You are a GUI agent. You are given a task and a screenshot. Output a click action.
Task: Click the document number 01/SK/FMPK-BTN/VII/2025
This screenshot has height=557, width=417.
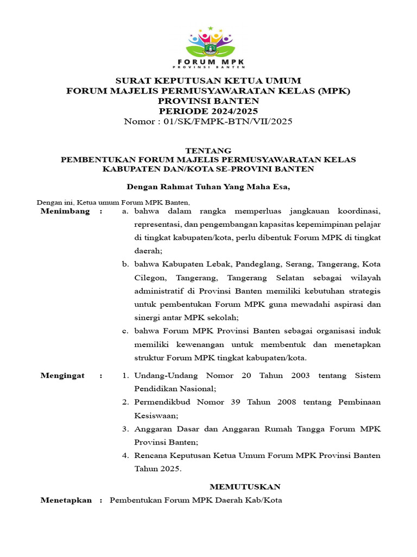(228, 121)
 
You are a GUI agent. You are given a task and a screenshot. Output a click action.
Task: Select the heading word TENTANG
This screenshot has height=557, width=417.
(208, 150)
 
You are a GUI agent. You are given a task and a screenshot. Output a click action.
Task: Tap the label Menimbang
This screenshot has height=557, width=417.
(65, 211)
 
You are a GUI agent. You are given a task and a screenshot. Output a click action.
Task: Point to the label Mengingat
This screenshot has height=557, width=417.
(63, 376)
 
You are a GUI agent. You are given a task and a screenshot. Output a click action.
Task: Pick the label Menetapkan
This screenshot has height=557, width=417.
(66, 500)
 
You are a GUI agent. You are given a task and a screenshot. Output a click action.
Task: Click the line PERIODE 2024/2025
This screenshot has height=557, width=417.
(208, 111)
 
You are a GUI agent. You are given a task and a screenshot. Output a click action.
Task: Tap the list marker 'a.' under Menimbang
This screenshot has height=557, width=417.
(125, 211)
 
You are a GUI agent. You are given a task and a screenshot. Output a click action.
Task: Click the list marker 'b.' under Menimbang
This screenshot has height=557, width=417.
(125, 264)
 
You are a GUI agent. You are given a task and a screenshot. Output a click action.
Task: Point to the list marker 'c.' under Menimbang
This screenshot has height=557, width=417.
(125, 331)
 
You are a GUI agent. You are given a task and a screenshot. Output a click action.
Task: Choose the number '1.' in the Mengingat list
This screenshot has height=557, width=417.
(125, 376)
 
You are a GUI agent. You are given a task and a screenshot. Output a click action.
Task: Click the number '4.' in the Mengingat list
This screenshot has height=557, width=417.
(125, 455)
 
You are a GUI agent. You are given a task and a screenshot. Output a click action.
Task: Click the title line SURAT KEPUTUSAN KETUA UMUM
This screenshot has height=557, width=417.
(208, 81)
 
